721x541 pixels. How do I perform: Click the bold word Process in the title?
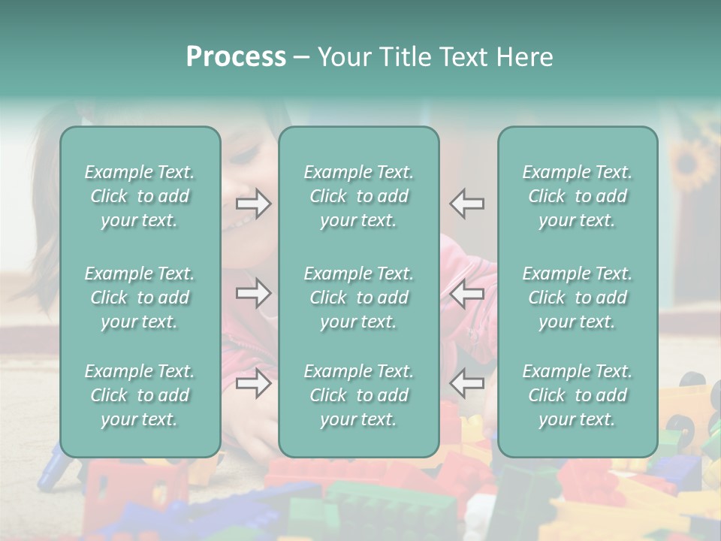pyautogui.click(x=236, y=57)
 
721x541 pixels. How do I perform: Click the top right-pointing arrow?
pyautogui.click(x=254, y=204)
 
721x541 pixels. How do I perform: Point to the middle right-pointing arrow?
pyautogui.click(x=254, y=293)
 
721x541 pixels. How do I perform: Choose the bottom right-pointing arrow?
pyautogui.click(x=254, y=383)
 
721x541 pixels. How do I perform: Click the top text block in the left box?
pyautogui.click(x=140, y=196)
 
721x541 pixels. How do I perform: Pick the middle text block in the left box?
pyautogui.click(x=140, y=298)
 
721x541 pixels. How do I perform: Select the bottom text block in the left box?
pyautogui.click(x=140, y=395)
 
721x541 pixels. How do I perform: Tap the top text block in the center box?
pyautogui.click(x=359, y=196)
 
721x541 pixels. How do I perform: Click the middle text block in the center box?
pyautogui.click(x=359, y=298)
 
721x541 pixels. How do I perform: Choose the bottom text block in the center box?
pyautogui.click(x=359, y=395)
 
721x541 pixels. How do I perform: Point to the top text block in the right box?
pyautogui.click(x=578, y=196)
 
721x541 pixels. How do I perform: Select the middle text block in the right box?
pyautogui.click(x=578, y=298)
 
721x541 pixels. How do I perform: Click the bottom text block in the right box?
pyautogui.click(x=578, y=395)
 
